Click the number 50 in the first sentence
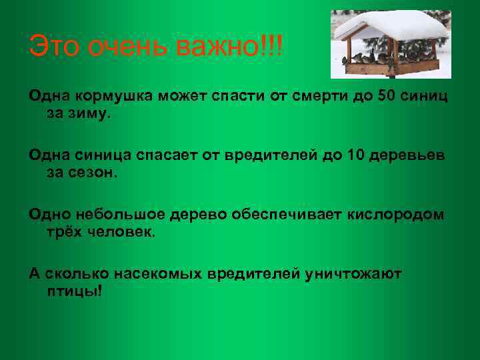tap(387, 95)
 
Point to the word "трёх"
tap(63, 233)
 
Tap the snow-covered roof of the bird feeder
tap(390, 27)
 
